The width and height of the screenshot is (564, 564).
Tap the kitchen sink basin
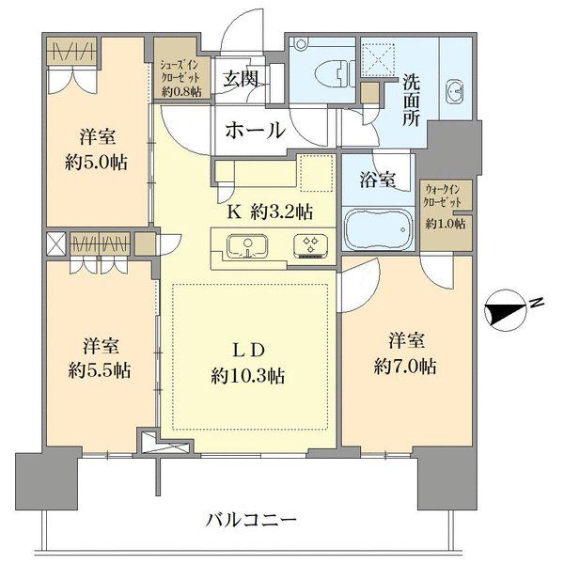tap(247, 246)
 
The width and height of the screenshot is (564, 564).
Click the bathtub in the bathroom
tap(377, 230)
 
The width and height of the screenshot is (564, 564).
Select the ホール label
tap(255, 131)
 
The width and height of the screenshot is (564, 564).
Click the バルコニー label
tap(251, 520)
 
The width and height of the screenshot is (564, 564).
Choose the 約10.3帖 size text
tap(248, 376)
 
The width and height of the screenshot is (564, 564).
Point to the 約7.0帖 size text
tap(405, 367)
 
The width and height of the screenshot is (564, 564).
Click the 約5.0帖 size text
tap(96, 163)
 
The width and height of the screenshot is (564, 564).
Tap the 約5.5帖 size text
tap(100, 370)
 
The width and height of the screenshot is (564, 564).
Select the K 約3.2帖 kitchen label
tap(269, 213)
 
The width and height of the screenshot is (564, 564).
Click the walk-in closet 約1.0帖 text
tap(446, 224)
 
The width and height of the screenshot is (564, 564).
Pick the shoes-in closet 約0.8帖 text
tap(180, 92)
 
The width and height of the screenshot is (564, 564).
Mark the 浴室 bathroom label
tap(378, 179)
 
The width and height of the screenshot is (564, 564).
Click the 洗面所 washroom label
tap(411, 101)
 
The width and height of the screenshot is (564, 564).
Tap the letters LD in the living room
tap(248, 350)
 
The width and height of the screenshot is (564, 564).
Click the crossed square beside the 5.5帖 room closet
tap(56, 243)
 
